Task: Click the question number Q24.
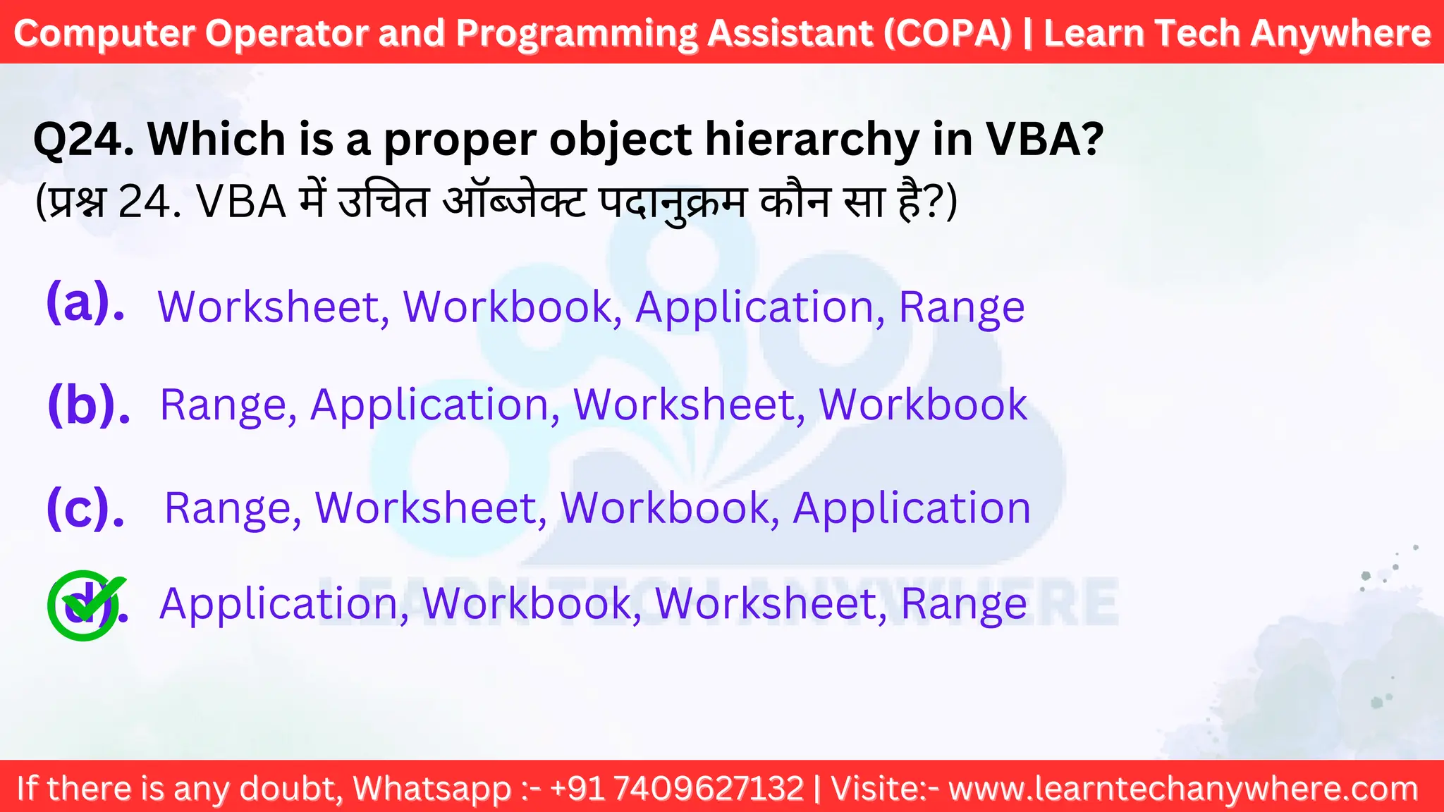[83, 139]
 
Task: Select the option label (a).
[85, 302]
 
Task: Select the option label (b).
[89, 405]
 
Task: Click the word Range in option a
[961, 309]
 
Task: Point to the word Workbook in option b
[922, 405]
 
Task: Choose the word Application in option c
[911, 509]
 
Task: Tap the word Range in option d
[963, 605]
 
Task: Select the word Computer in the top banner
[104, 33]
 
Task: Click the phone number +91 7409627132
[677, 788]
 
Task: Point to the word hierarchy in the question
[811, 139]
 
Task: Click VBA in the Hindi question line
[240, 202]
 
